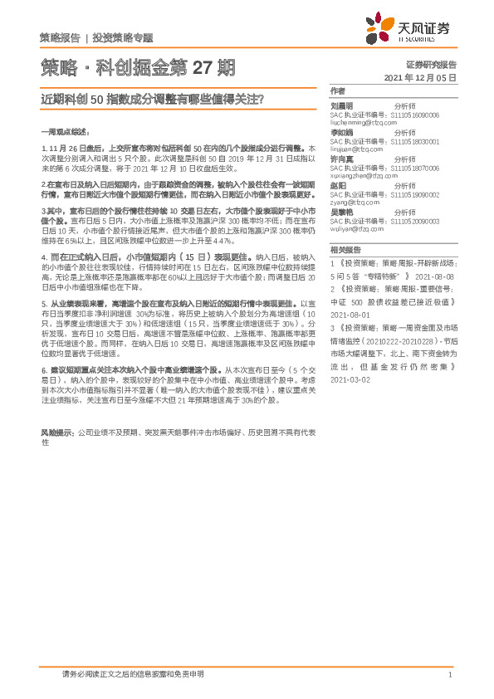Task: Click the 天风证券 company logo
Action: [411, 31]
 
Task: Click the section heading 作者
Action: [337, 90]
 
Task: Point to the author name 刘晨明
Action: [342, 106]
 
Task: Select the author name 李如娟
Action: [342, 131]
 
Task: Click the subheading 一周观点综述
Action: [63, 132]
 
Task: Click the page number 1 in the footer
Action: [449, 674]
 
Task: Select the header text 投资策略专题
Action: [123, 38]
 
